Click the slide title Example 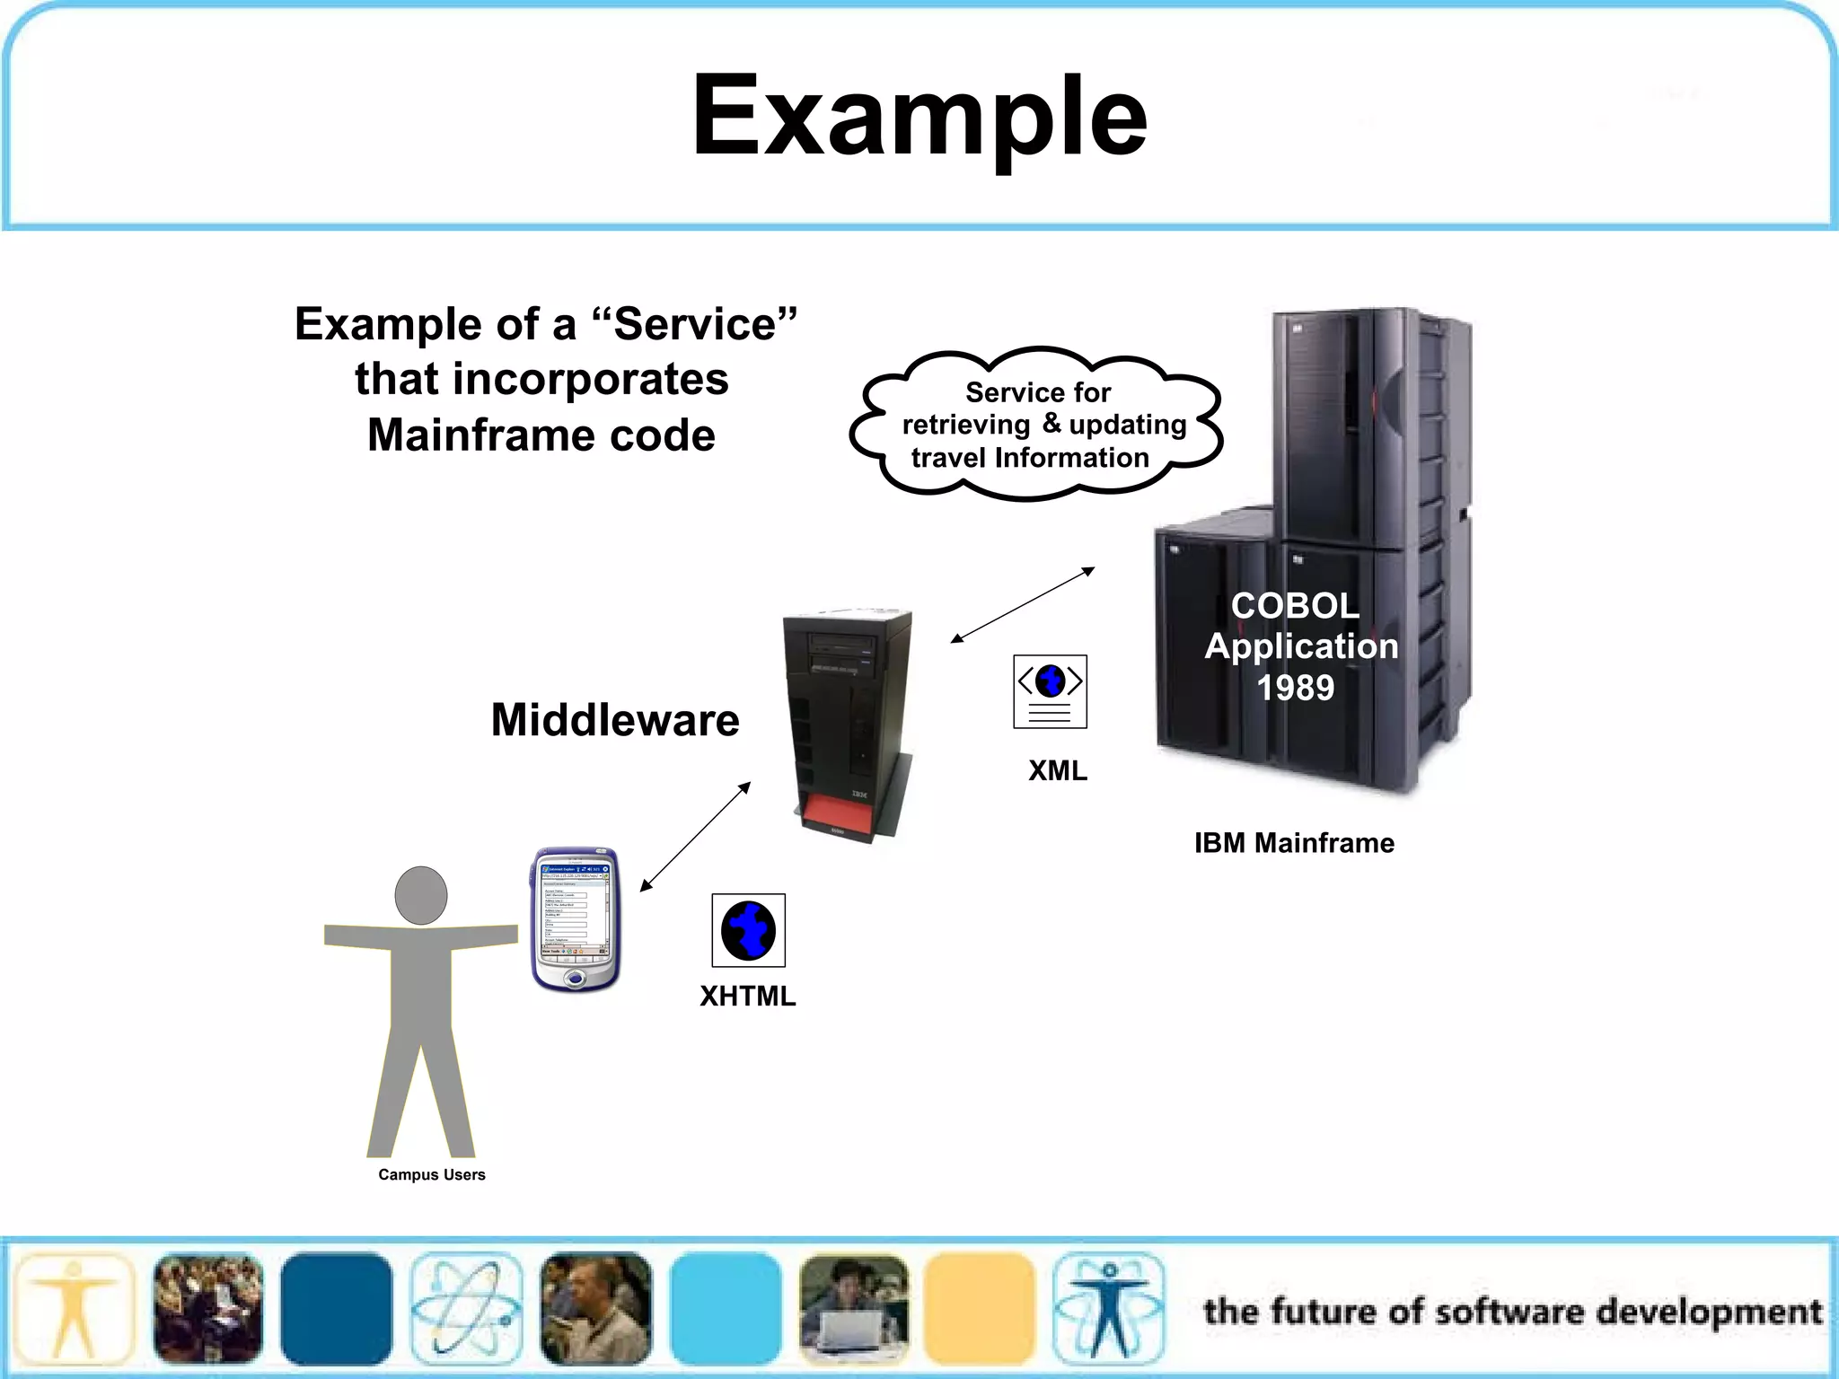919,117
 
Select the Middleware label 615,720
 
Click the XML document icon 1050,691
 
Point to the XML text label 1057,770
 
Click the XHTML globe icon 748,930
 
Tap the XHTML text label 747,997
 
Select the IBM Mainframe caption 1293,843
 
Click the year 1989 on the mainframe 1295,688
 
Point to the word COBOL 1295,606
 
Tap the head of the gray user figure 421,895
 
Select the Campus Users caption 431,1174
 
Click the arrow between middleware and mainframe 1023,605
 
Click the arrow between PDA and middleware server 695,837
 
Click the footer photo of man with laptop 853,1309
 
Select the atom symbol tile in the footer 466,1309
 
